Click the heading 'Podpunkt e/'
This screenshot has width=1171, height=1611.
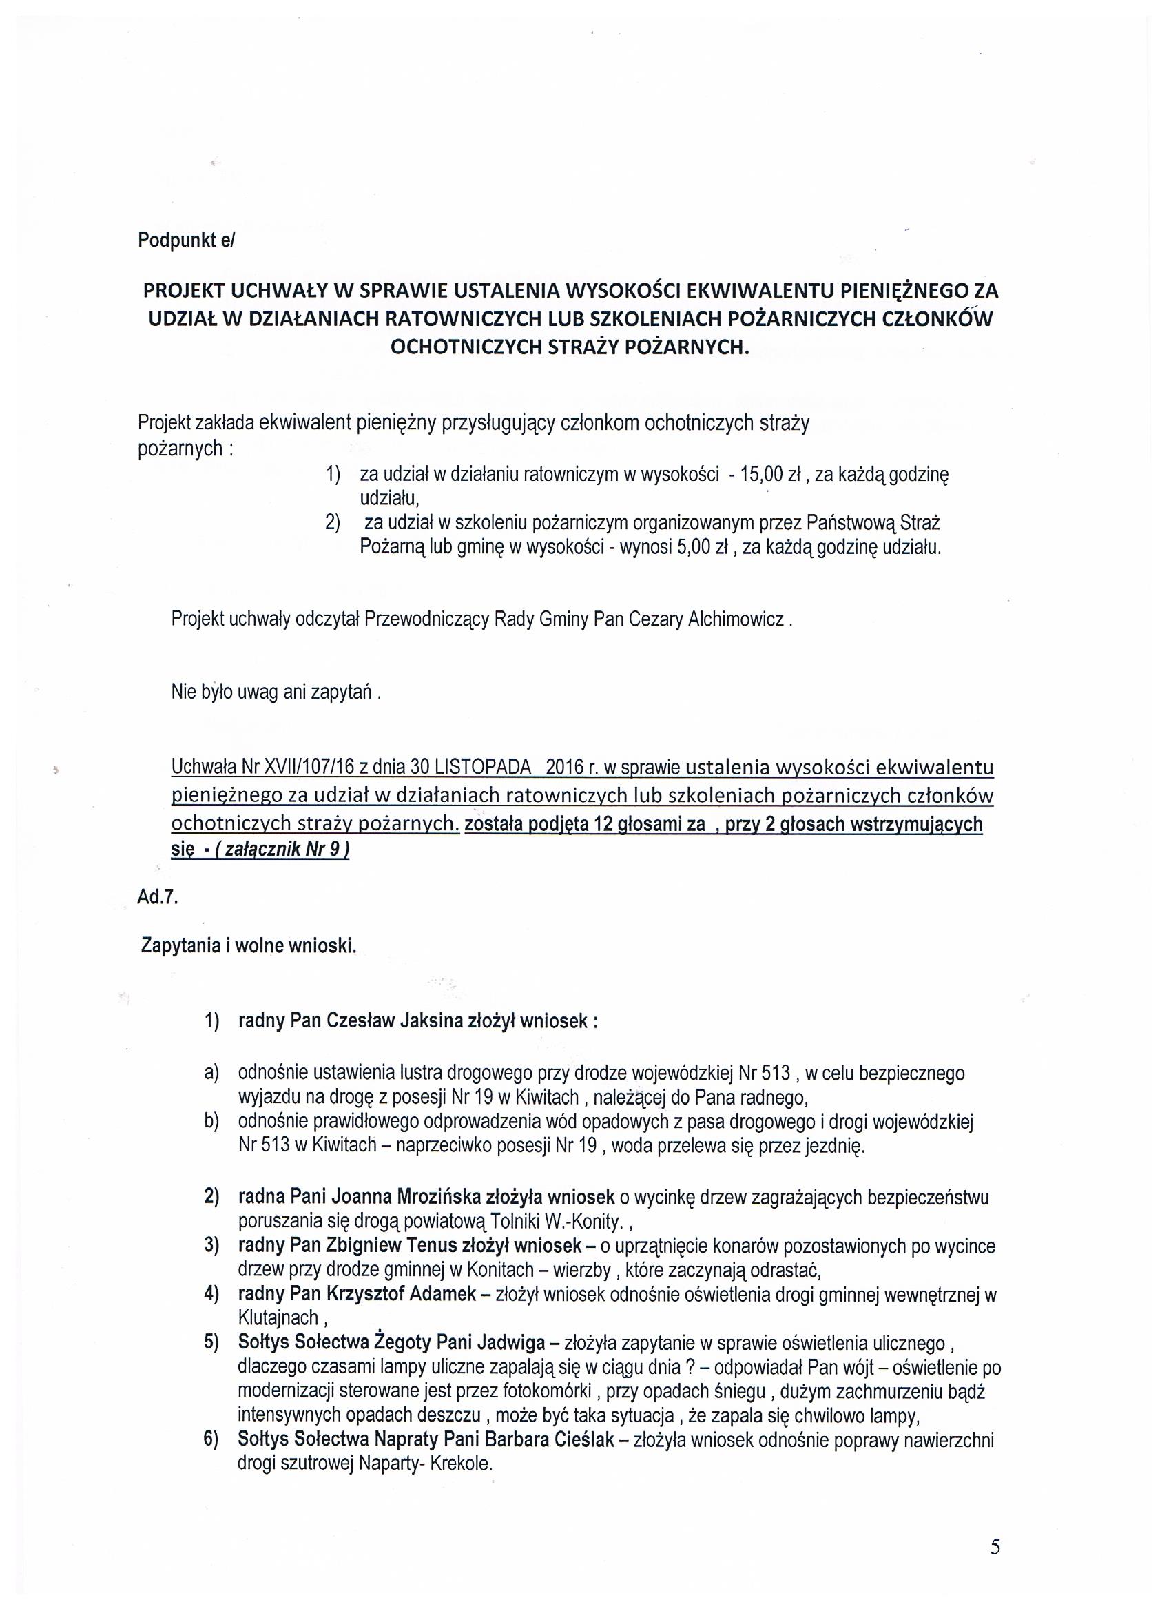pyautogui.click(x=185, y=240)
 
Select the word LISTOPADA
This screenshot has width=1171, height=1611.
pyautogui.click(x=482, y=768)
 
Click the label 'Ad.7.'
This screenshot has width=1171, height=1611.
pyautogui.click(x=157, y=897)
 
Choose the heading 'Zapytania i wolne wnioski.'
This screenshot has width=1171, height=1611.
pyautogui.click(x=249, y=946)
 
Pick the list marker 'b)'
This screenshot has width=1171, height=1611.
pyautogui.click(x=211, y=1122)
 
